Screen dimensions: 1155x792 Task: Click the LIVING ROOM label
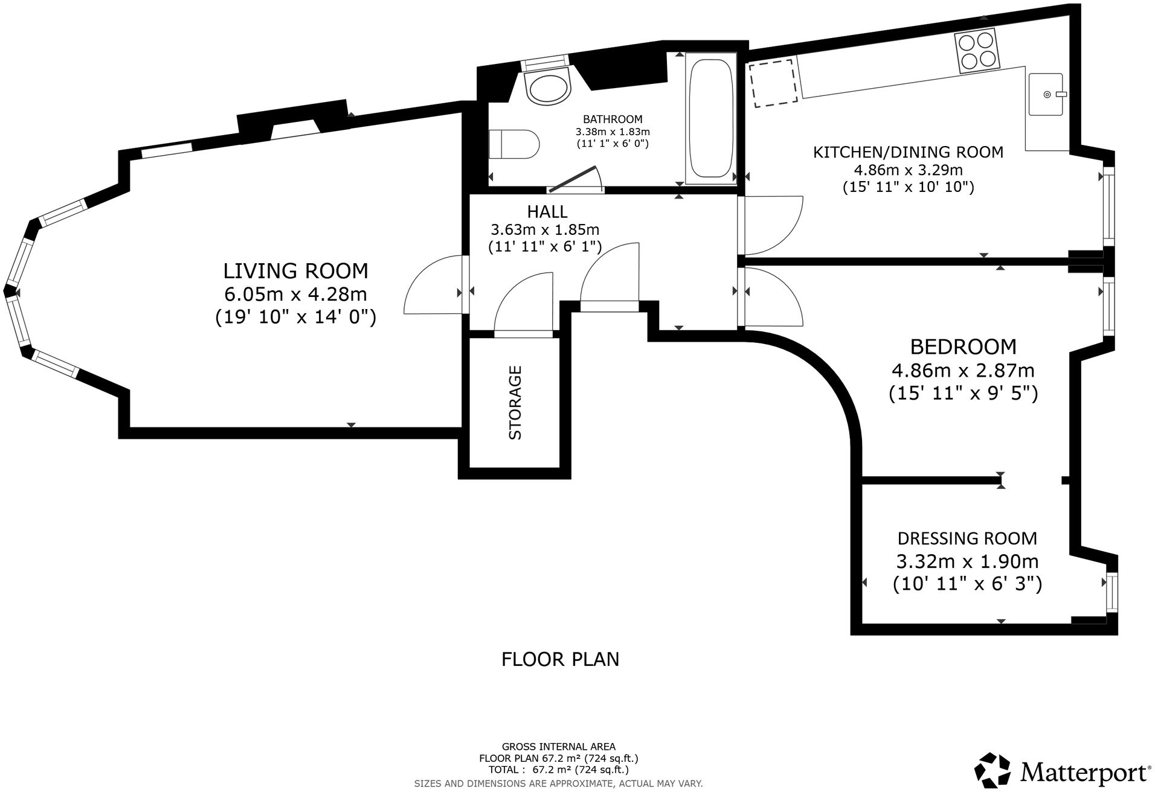(295, 270)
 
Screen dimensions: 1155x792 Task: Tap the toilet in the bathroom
(513, 144)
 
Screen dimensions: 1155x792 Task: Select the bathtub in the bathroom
(710, 118)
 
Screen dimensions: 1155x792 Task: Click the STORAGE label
(515, 403)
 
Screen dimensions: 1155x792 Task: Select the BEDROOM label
(963, 346)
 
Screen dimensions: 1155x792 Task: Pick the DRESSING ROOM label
(967, 538)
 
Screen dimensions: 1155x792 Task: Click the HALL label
(547, 211)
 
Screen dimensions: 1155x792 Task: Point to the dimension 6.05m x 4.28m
(295, 294)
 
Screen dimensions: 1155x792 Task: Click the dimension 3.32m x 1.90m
(967, 561)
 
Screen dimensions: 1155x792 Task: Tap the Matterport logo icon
(993, 770)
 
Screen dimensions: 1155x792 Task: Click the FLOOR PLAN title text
(560, 659)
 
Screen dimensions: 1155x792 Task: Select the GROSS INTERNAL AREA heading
(559, 747)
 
